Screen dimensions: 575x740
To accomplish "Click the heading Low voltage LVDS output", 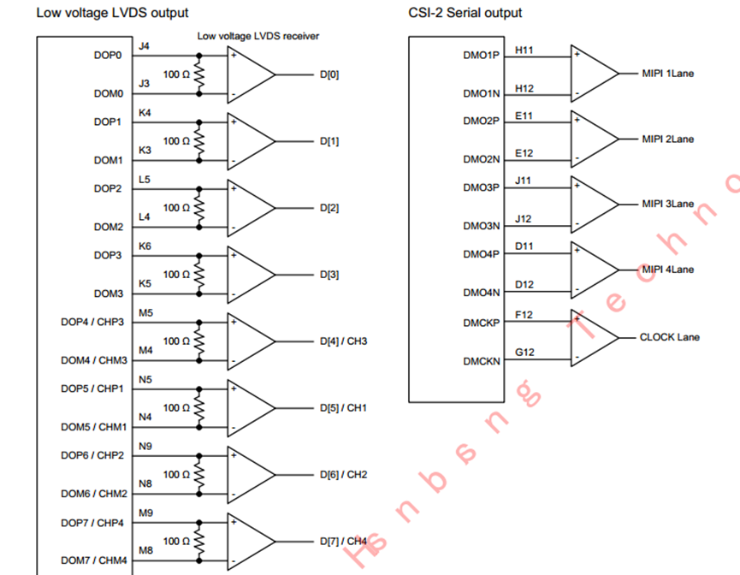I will coord(112,13).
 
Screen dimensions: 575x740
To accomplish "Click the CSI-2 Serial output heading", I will coord(465,13).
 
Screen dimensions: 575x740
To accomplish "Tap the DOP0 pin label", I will coord(108,55).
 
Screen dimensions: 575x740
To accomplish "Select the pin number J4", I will coord(144,45).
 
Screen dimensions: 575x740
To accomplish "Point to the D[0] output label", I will coord(329,74).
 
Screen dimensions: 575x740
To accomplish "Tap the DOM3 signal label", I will coord(109,293).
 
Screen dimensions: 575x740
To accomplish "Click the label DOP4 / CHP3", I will coord(93,322).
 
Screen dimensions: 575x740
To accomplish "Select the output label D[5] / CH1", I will coord(343,408).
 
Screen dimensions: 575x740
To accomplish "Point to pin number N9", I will coord(145,446).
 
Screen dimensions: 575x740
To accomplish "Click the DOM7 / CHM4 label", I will coord(93,560).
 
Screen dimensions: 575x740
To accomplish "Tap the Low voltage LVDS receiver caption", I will coord(258,36).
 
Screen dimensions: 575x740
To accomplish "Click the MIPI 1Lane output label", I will coord(668,74).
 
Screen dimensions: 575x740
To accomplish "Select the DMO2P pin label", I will coord(481,121).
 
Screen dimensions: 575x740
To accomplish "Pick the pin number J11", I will coord(524,181).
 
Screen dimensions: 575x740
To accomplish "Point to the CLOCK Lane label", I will coord(669,337).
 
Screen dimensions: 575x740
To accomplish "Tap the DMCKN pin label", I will coord(482,361).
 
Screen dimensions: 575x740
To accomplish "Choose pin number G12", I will coord(524,353).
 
